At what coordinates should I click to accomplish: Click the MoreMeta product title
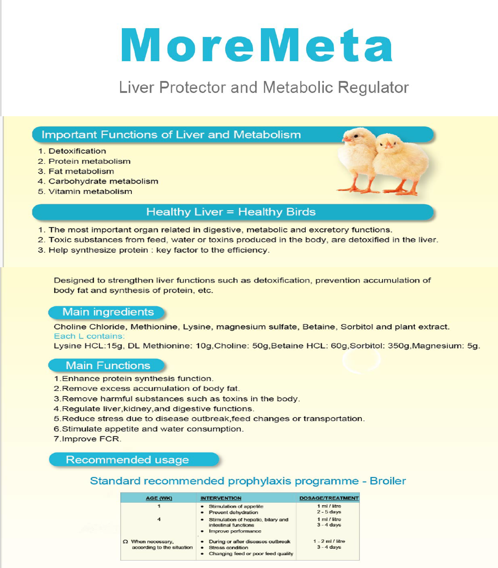click(256, 45)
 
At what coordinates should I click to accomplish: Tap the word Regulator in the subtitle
click(373, 87)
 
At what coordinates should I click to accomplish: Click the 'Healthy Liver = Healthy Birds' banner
click(232, 212)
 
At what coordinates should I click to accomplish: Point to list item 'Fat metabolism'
click(81, 171)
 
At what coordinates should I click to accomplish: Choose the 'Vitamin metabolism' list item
click(90, 192)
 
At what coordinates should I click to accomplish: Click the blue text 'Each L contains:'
click(89, 336)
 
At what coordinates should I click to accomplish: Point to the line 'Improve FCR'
click(88, 439)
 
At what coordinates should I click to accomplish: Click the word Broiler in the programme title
click(388, 481)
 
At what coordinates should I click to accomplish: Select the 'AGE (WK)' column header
click(159, 498)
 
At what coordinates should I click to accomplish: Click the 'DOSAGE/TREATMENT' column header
click(329, 498)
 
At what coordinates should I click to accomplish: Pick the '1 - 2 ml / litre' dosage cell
click(329, 541)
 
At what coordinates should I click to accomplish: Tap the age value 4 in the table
click(159, 519)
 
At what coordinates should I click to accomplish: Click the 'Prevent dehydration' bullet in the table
click(233, 512)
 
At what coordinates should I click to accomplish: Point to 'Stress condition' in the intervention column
click(228, 547)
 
